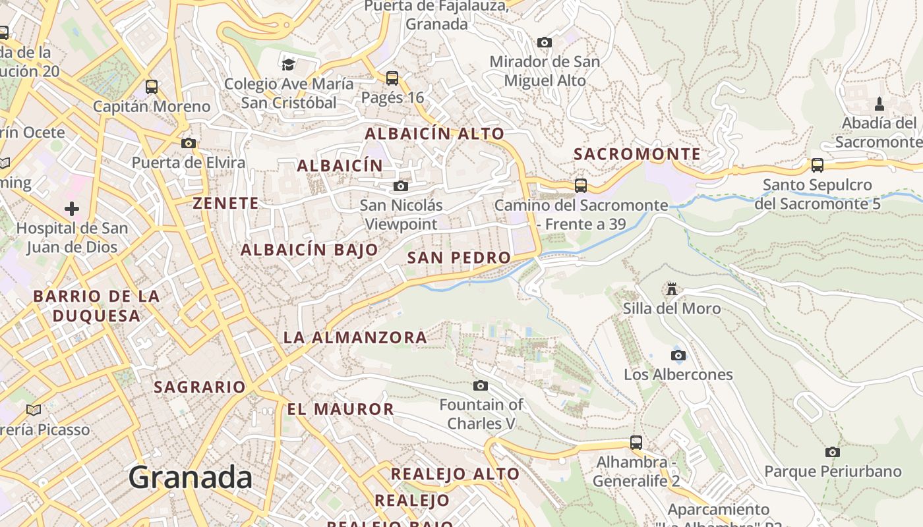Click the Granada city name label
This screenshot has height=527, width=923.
190,477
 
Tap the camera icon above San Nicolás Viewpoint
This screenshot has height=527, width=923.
401,186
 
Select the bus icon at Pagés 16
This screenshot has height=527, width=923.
392,78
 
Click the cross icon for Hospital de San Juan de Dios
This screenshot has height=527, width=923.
72,209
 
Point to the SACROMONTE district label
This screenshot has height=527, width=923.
637,154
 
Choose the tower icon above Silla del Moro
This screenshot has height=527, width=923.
672,289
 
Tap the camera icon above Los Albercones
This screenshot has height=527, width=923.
678,356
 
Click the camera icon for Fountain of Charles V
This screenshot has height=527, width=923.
481,385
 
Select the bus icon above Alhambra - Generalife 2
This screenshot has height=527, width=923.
636,443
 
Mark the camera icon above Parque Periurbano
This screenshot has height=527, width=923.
833,452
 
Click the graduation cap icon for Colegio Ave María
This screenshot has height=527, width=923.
288,64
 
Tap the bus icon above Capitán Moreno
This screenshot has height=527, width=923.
152,86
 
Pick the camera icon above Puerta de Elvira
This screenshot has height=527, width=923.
189,143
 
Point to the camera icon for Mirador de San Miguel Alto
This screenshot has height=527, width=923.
544,43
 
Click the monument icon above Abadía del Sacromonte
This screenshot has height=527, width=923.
879,103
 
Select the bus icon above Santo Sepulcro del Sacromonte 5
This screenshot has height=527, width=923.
818,165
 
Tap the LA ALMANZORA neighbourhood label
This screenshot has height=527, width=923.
355,338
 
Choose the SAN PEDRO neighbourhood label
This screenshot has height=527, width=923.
459,258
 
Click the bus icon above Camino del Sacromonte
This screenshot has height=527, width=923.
581,186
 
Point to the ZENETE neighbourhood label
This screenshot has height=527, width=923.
225,203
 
